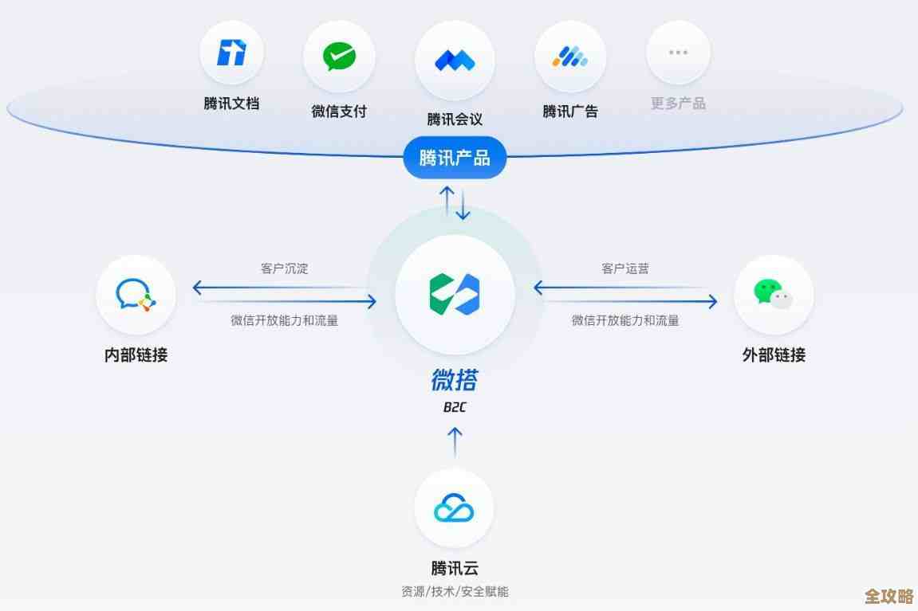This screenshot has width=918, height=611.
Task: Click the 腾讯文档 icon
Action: tap(231, 53)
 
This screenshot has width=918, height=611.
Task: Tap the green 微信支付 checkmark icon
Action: tap(339, 57)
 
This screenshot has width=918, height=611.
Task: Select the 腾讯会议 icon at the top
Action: tap(455, 60)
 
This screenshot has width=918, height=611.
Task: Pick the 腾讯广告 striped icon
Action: tap(570, 57)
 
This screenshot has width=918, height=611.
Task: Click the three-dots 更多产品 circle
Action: tap(678, 53)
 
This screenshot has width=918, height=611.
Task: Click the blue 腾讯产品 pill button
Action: tap(455, 157)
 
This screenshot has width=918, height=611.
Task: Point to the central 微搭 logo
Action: tap(455, 294)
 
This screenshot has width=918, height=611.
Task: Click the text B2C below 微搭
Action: tap(455, 408)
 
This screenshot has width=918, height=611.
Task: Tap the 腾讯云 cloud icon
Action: tap(454, 508)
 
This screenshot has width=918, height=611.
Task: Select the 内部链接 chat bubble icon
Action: tap(136, 294)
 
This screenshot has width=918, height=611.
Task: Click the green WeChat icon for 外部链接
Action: tap(773, 294)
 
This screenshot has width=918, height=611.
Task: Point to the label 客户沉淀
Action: tap(284, 268)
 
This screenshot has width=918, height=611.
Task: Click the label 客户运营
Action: tap(625, 268)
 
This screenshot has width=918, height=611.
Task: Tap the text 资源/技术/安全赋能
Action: tap(455, 592)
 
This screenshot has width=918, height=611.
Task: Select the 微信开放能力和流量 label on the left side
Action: tap(284, 320)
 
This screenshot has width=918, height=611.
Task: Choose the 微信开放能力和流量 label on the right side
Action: tap(625, 320)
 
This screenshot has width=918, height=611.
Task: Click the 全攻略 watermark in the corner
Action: tap(888, 597)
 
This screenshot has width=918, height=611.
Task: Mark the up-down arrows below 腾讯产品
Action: tap(455, 203)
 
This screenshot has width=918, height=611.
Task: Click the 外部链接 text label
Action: tap(774, 355)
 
